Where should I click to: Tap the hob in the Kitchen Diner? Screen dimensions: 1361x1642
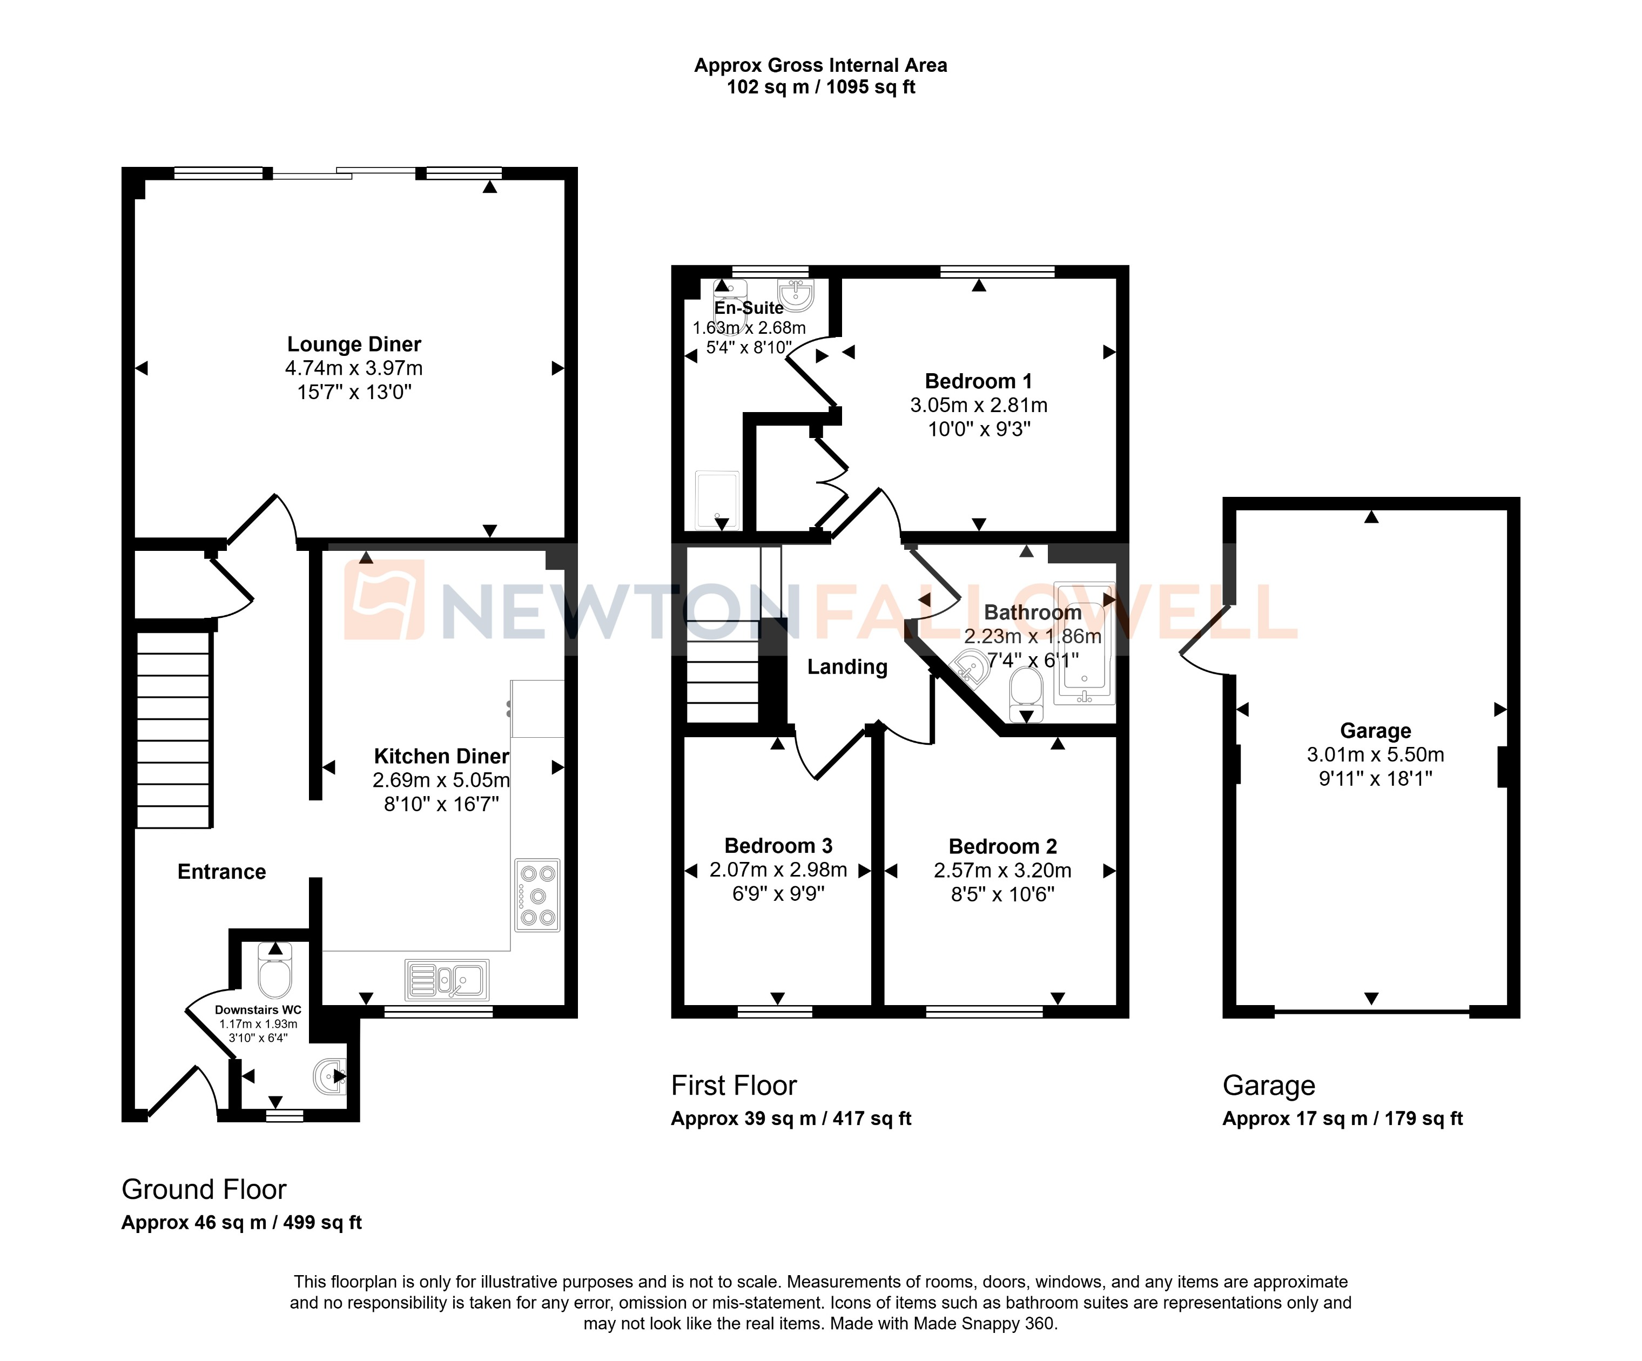click(537, 895)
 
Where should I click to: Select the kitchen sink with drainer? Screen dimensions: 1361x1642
click(447, 980)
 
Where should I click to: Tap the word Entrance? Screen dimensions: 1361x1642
click(221, 872)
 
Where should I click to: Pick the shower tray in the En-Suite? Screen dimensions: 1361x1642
click(717, 500)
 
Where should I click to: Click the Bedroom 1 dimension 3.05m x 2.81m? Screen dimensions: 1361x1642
click(978, 405)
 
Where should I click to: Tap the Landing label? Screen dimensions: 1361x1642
click(847, 667)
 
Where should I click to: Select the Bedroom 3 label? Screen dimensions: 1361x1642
click(778, 846)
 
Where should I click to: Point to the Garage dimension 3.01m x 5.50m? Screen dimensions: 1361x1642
click(1375, 754)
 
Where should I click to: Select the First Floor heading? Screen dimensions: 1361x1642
click(733, 1086)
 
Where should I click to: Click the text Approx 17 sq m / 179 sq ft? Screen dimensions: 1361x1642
click(1342, 1119)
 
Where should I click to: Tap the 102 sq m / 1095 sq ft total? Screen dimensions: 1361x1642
click(820, 87)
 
